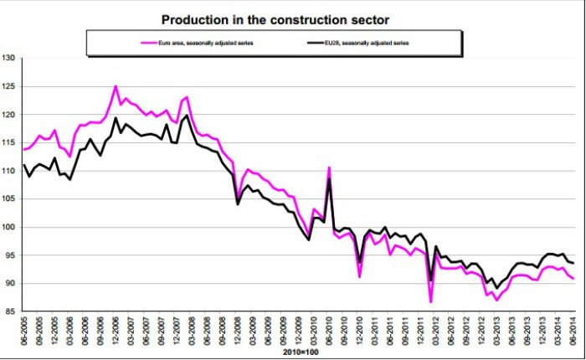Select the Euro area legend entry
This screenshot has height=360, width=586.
tap(188, 39)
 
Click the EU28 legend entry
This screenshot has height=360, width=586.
tap(372, 39)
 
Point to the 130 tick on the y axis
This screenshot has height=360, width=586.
tap(9, 59)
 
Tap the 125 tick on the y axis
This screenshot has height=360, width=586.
tap(9, 86)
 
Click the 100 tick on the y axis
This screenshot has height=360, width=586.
tap(9, 227)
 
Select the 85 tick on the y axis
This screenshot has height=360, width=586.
tap(11, 311)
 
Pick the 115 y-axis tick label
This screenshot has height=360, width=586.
tap(9, 143)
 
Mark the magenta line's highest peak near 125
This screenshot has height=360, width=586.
tap(116, 86)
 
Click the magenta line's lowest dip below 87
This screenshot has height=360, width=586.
tap(431, 301)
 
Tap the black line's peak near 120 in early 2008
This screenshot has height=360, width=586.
tap(187, 116)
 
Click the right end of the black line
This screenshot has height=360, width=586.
tap(573, 263)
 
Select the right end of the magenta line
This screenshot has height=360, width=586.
tap(573, 279)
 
